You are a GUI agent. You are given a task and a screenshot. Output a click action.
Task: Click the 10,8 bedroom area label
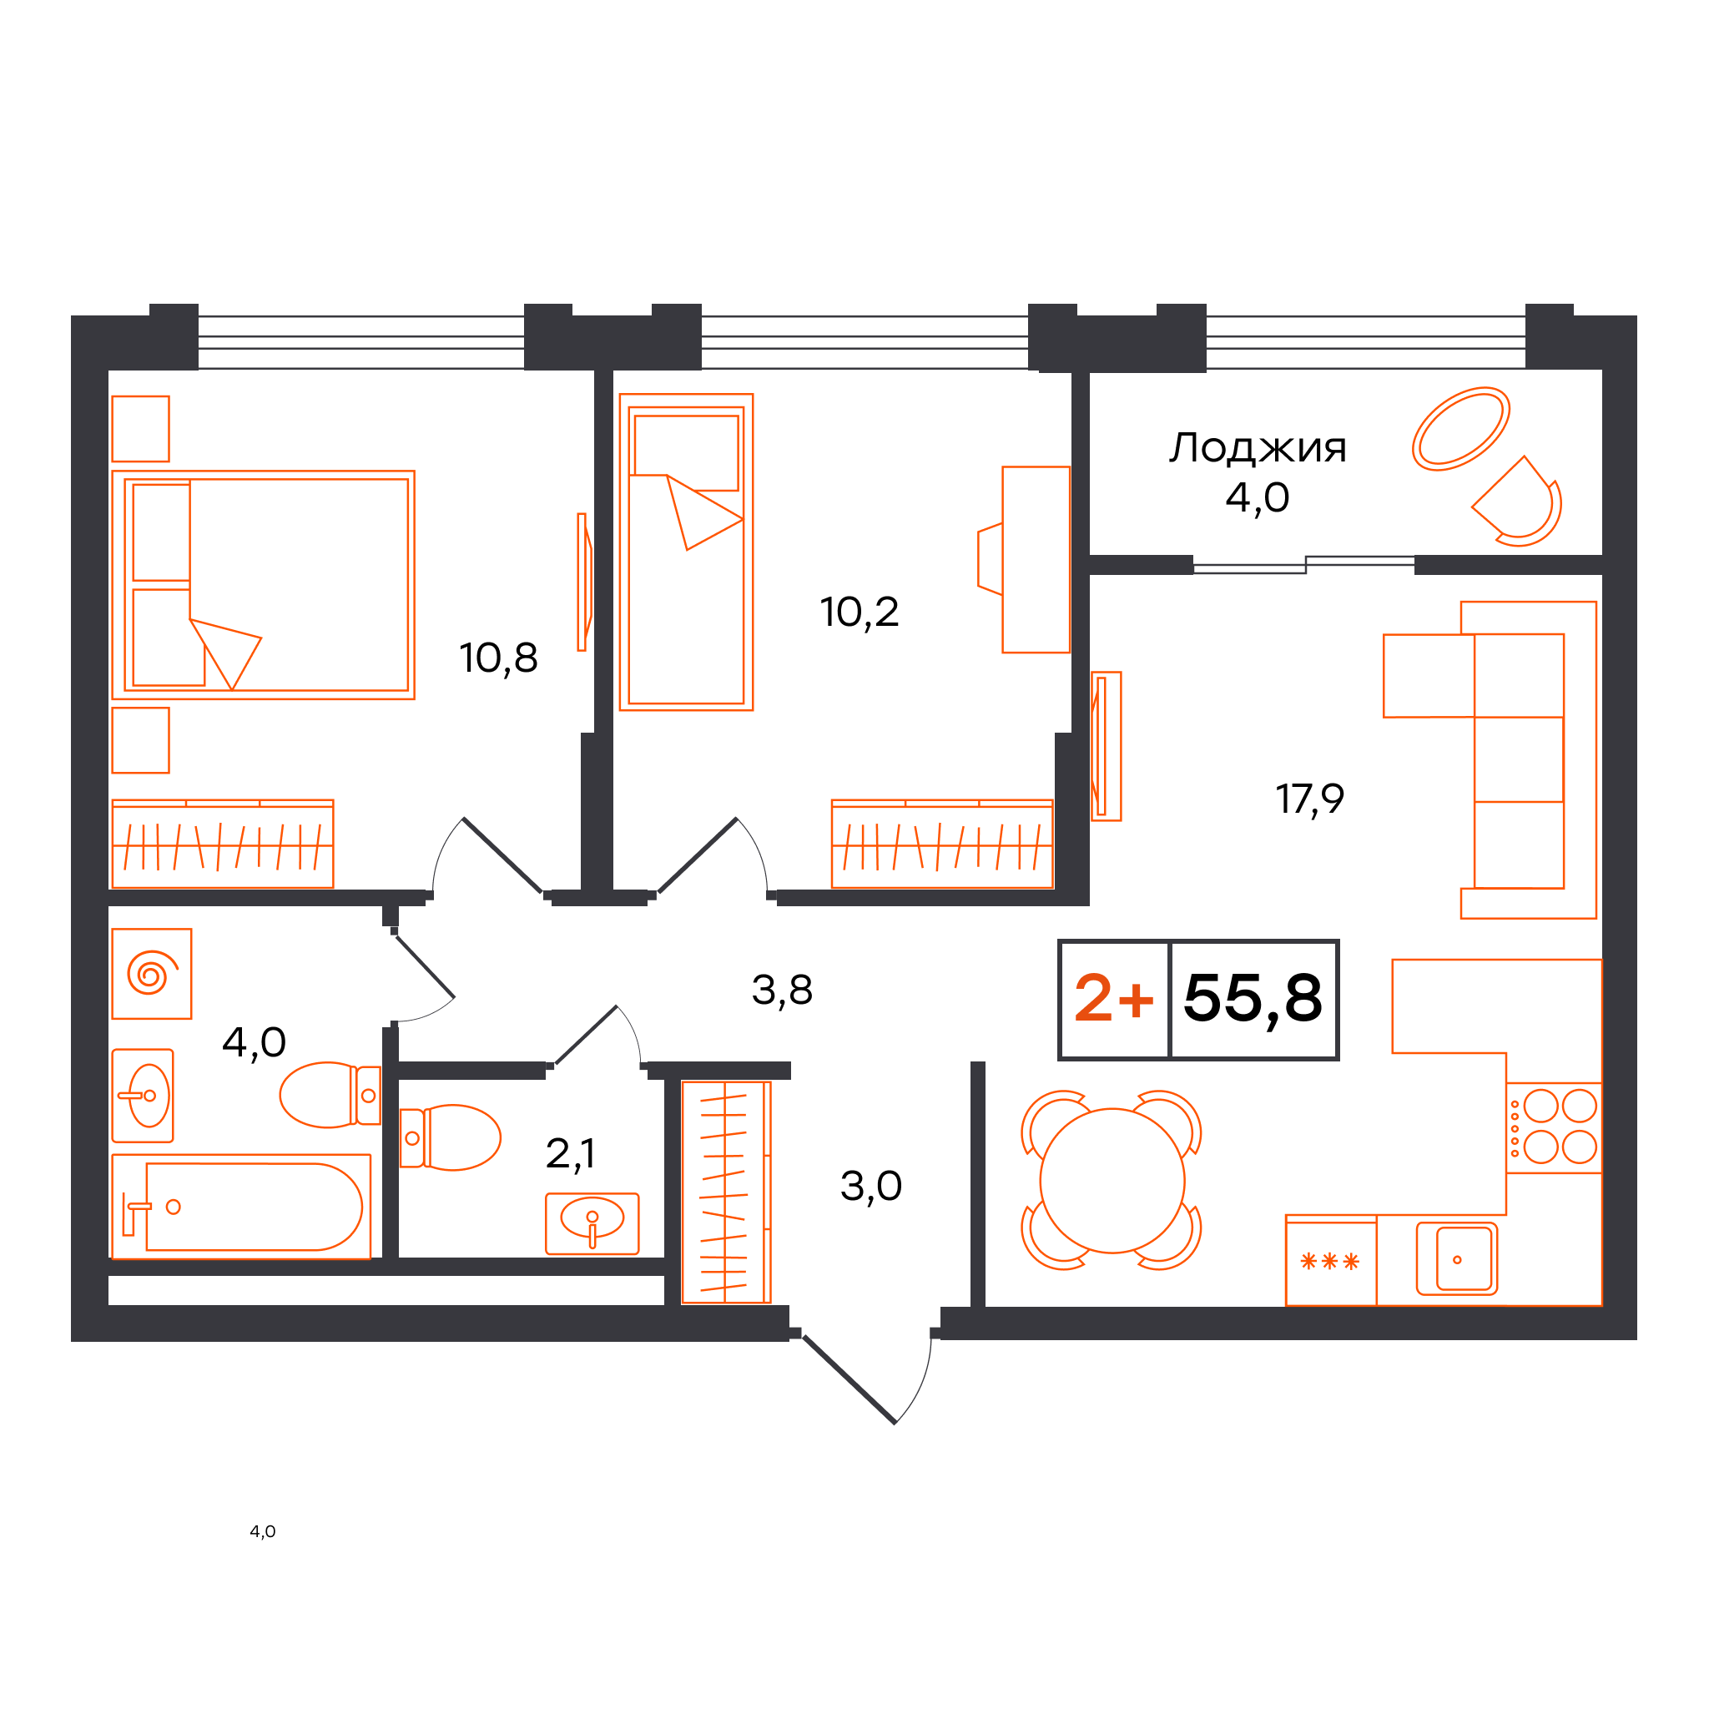pos(498,659)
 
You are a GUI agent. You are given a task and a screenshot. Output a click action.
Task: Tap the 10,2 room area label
pos(859,613)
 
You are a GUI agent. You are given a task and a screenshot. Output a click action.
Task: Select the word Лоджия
pos(1258,448)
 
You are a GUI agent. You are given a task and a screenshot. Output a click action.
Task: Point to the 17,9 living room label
pos(1309,799)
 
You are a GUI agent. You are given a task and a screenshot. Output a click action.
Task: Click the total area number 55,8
pos(1253,999)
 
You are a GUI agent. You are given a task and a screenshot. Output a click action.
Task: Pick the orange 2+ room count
pos(1114,998)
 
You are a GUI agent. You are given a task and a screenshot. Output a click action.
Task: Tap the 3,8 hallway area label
pos(782,991)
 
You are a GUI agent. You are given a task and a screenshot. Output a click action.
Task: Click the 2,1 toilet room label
pos(571,1153)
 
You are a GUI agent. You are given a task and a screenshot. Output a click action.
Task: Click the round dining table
pos(1112,1181)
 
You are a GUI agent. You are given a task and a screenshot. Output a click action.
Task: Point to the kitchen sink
pos(1457,1258)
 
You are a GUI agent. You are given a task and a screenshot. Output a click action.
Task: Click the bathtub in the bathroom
pos(241,1207)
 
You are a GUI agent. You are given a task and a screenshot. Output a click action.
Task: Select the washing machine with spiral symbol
pos(151,974)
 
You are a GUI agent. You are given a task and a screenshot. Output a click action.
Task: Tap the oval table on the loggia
pos(1460,429)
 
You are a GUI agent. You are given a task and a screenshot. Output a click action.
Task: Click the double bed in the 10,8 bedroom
pos(264,586)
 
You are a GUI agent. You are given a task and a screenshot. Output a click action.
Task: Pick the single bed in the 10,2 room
pos(687,552)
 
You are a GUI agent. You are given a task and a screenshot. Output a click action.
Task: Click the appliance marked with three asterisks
pos(1330,1261)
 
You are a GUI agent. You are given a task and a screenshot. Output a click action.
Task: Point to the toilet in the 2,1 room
pos(451,1137)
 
